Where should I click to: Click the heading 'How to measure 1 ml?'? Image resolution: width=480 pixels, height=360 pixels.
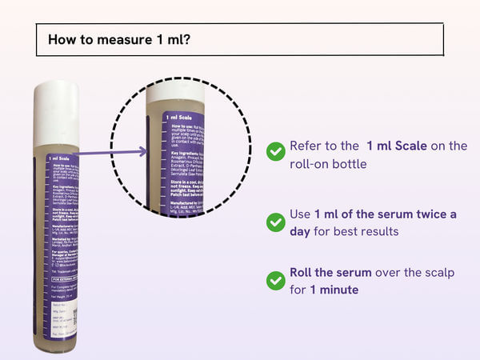(x=119, y=39)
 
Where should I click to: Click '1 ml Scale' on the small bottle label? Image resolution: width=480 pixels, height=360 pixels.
(x=63, y=158)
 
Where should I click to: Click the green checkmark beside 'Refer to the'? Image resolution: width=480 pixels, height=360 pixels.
(x=275, y=150)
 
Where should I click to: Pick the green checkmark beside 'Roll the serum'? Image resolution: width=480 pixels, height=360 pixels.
(x=275, y=280)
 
